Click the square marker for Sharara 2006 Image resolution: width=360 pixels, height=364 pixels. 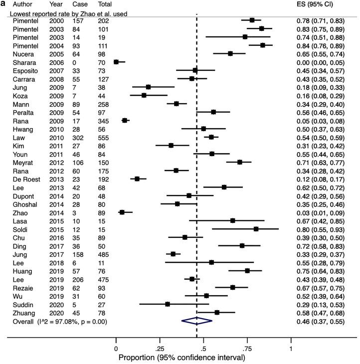click(x=116, y=62)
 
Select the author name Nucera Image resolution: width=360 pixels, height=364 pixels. click(x=20, y=53)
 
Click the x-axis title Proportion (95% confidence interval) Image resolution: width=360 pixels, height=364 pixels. click(x=182, y=358)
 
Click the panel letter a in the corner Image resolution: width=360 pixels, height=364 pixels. click(x=3, y=3)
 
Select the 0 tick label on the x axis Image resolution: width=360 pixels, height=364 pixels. click(x=116, y=349)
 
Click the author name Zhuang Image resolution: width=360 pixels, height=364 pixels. click(x=22, y=312)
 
